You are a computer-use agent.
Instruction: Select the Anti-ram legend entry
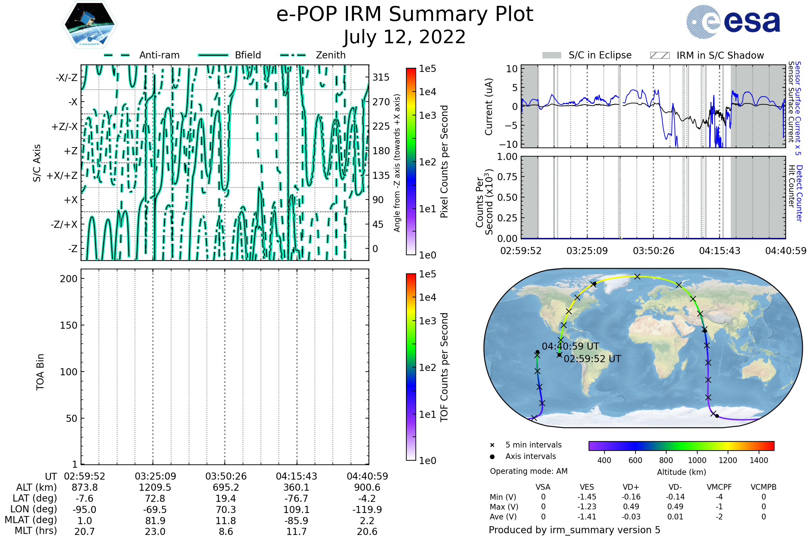[159, 55]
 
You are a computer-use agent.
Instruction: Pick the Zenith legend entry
[330, 55]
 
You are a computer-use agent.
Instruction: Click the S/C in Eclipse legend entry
[600, 55]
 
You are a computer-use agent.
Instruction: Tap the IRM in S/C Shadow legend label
[720, 55]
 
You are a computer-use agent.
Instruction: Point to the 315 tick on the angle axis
[381, 77]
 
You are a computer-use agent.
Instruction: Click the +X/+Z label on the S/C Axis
[62, 175]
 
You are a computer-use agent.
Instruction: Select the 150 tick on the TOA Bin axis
[69, 325]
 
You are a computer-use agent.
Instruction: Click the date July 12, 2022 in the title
[405, 37]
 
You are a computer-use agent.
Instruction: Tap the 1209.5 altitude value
[155, 487]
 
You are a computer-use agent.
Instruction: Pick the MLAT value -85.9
[296, 520]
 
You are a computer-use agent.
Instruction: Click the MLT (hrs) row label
[36, 531]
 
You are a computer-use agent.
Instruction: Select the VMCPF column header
[719, 487]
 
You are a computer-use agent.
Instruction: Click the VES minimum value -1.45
[587, 497]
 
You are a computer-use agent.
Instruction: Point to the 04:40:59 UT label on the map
[570, 346]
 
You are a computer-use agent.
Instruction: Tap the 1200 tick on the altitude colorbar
[728, 460]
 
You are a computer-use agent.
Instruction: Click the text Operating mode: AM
[529, 471]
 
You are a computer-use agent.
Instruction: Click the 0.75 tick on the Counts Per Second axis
[507, 177]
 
